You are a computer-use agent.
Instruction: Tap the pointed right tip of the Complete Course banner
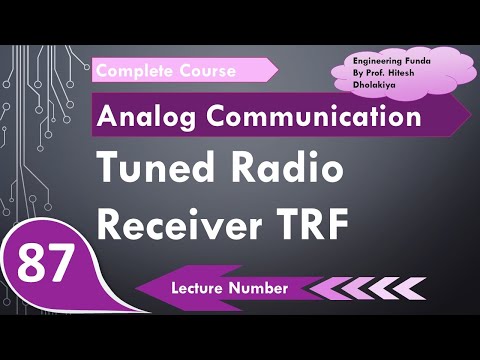point(277,71)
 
